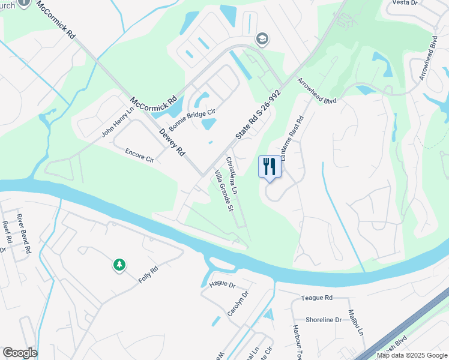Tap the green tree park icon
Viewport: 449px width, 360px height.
pyautogui.click(x=119, y=265)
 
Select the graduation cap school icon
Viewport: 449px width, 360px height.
pyautogui.click(x=262, y=40)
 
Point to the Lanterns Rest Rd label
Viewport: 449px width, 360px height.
pyautogui.click(x=292, y=137)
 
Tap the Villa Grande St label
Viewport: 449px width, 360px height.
pyautogui.click(x=223, y=191)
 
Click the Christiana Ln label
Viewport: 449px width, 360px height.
pyautogui.click(x=232, y=175)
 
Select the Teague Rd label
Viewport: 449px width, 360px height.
pyautogui.click(x=317, y=298)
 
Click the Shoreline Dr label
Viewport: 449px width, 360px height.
pyautogui.click(x=323, y=320)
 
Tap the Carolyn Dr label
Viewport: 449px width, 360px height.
pyautogui.click(x=238, y=304)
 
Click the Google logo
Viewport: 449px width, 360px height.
pyautogui.click(x=20, y=353)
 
